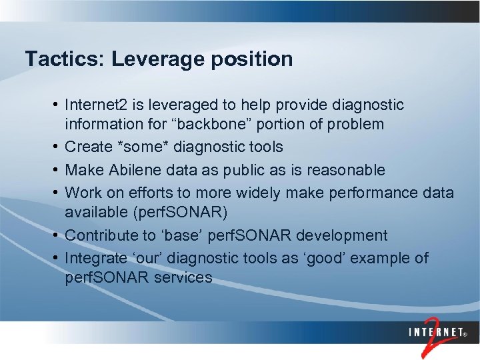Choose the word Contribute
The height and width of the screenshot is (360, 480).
pyautogui.click(x=103, y=235)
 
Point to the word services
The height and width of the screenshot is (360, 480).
pyautogui.click(x=183, y=277)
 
